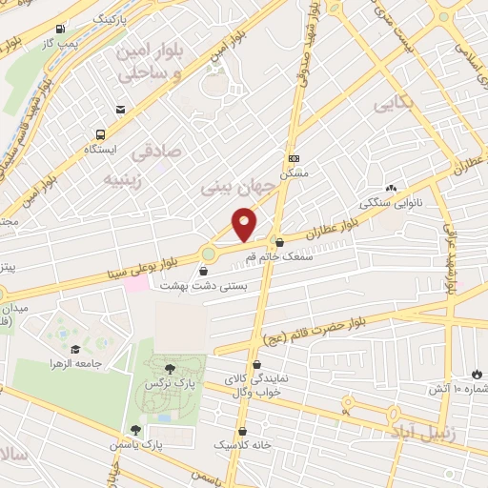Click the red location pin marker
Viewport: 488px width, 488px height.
(x=245, y=226)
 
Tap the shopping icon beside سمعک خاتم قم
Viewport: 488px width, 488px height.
(x=278, y=242)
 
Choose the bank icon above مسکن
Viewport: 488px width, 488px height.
(x=295, y=158)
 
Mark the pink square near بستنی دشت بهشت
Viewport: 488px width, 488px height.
(x=138, y=284)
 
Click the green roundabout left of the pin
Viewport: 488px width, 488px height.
(x=208, y=254)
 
